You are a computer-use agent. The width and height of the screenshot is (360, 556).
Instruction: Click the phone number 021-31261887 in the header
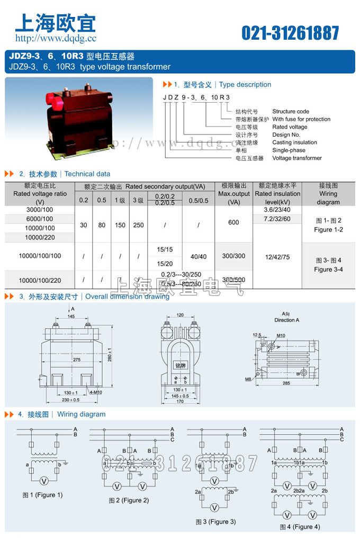tap(290, 33)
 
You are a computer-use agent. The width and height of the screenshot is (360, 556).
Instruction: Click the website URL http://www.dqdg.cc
tap(56, 38)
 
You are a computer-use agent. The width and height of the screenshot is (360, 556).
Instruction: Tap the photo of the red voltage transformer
tap(78, 113)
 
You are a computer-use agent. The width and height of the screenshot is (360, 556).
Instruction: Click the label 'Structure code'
tap(291, 112)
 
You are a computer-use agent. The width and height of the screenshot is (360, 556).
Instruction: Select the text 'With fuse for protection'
tap(301, 119)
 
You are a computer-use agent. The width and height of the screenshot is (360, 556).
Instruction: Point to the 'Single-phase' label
tap(289, 150)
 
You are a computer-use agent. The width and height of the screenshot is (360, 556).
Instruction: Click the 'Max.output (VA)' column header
tap(233, 194)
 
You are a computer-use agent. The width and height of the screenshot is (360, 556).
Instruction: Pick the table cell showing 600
tap(233, 222)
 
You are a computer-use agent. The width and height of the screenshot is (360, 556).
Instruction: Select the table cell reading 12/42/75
tap(278, 257)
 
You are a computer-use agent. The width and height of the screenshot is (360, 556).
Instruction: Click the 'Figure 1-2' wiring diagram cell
tap(328, 230)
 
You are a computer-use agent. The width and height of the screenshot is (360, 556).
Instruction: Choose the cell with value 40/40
tap(198, 257)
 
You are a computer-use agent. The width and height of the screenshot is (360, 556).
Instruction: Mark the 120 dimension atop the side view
tap(180, 315)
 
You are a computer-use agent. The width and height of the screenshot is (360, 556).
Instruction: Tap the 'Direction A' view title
tap(286, 320)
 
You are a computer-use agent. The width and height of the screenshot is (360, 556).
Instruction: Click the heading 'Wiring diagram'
tap(81, 414)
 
